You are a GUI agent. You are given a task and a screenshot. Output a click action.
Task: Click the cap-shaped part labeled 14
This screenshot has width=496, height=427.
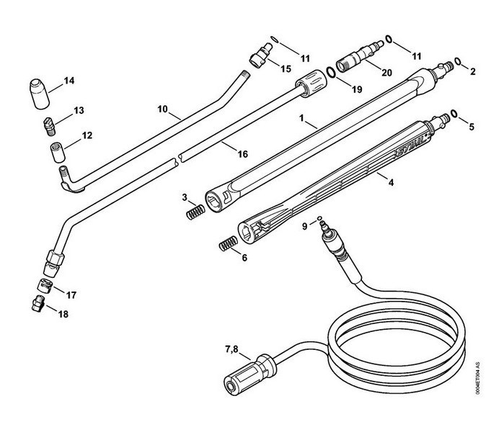coord(40,94)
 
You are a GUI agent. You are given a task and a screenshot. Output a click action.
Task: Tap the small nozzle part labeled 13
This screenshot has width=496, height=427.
coord(49,126)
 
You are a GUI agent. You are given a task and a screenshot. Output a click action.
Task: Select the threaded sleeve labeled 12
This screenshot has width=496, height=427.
coord(58,153)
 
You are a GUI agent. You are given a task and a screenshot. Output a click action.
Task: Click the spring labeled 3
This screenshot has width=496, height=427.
coord(195,212)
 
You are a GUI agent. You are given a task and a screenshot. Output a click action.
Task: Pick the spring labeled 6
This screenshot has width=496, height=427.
coord(229,243)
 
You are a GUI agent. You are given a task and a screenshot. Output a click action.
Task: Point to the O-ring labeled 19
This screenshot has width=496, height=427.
coord(331,72)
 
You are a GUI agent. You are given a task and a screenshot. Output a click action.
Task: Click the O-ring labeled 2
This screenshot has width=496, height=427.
coord(458,60)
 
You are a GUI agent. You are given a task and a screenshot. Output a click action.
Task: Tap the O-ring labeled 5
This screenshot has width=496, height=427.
coord(454,114)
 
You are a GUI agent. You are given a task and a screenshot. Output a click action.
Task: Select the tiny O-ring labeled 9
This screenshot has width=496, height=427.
coord(319,217)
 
